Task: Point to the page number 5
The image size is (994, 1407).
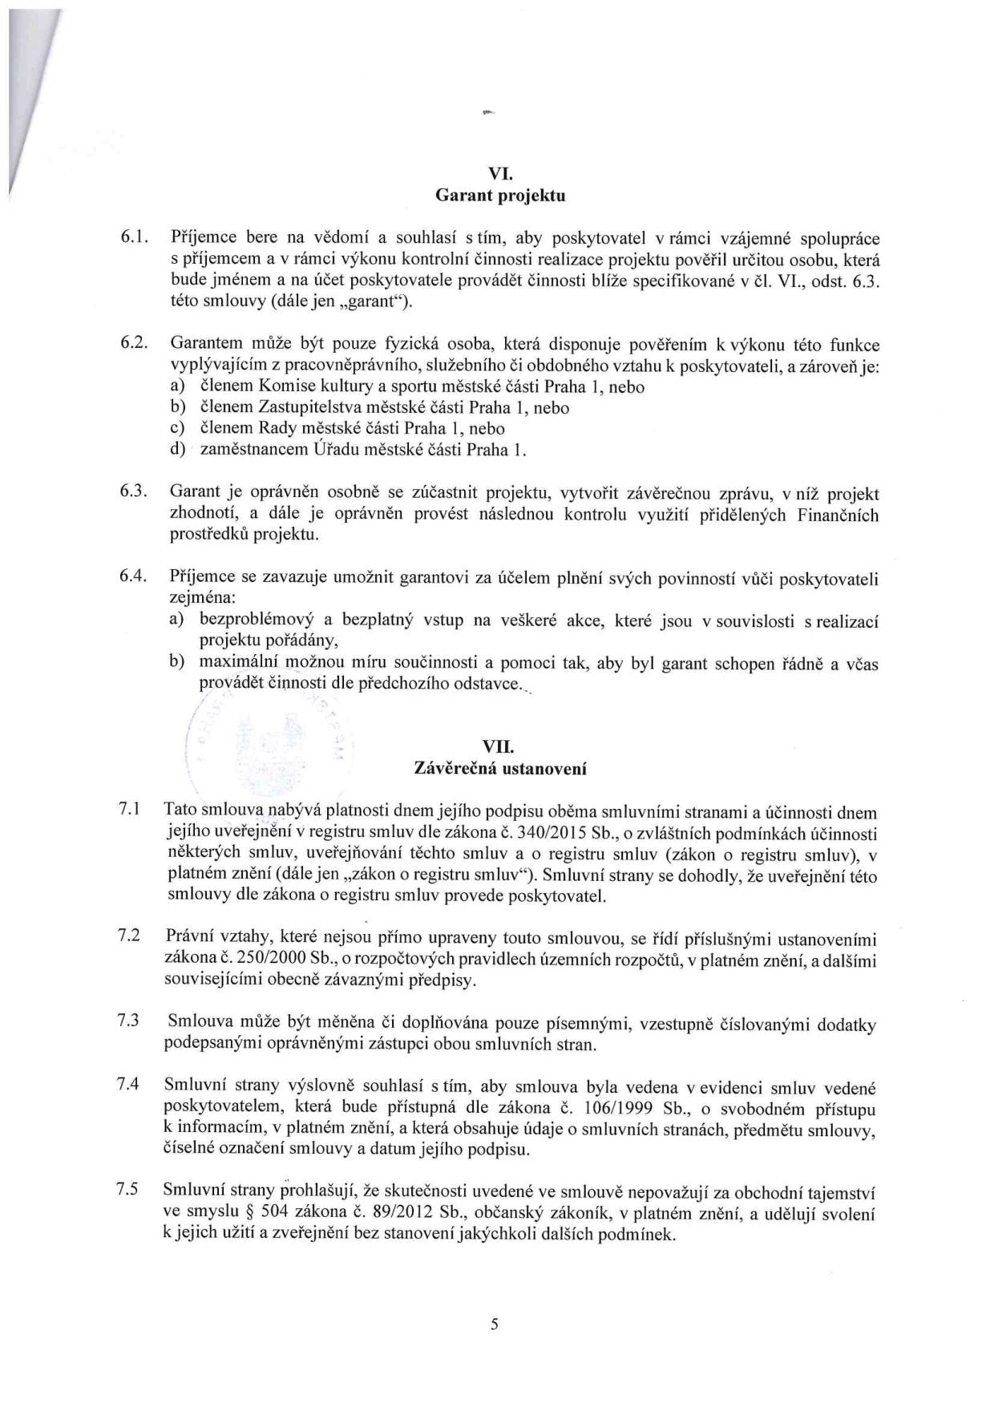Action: coord(495,1324)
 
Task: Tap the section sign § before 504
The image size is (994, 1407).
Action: coord(232,1214)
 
